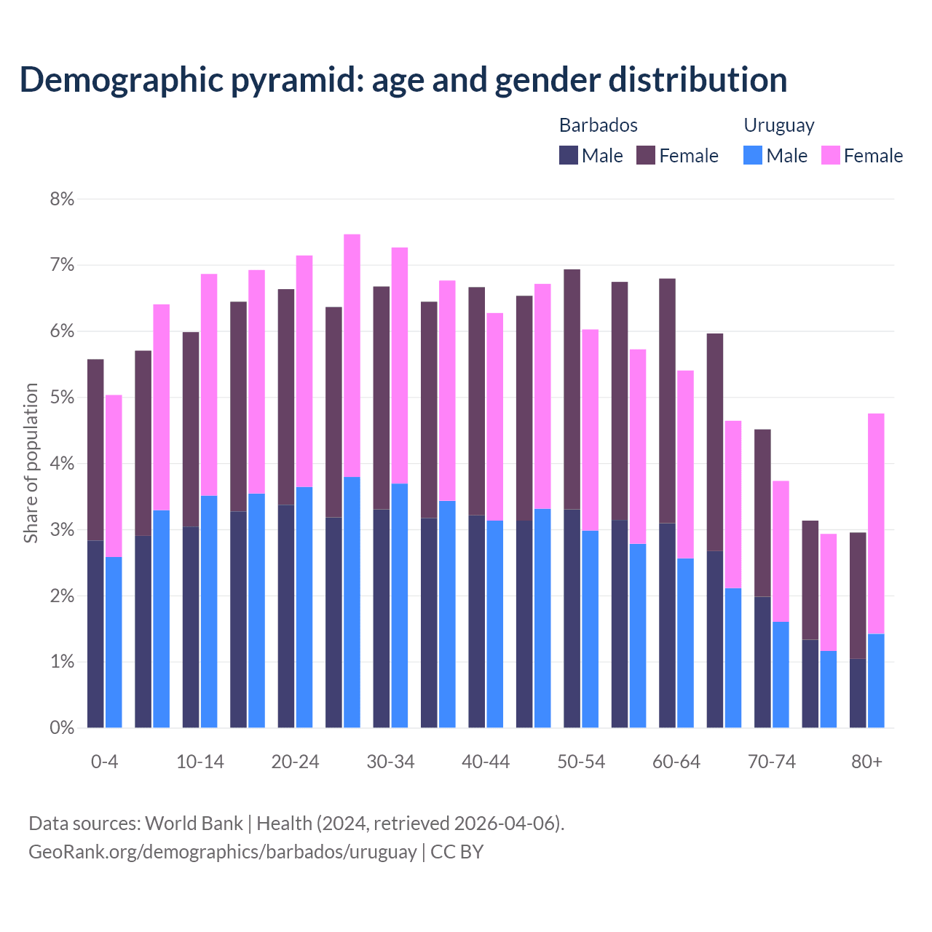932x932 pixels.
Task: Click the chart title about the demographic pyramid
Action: coord(403,80)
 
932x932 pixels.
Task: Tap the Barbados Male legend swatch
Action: coord(569,155)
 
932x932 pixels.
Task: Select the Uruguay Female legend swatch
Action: coord(830,155)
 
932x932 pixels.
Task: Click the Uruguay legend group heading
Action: coord(778,125)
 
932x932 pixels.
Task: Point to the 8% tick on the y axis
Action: coord(62,199)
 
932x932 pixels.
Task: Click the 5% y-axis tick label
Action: coord(62,398)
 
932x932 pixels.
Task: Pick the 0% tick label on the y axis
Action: coord(62,727)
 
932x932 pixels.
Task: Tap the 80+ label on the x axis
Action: coord(866,762)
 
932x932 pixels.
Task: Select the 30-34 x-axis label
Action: coord(390,762)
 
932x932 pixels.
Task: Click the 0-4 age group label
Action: coord(104,762)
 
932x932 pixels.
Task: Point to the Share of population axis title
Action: coord(31,463)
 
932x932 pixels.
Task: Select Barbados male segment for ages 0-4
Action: coord(95,633)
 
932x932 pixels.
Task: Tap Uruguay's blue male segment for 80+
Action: coord(876,681)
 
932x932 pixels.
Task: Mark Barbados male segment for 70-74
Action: coord(762,662)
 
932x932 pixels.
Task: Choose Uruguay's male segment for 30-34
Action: coord(400,605)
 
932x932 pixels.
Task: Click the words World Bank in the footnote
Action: coord(194,824)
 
